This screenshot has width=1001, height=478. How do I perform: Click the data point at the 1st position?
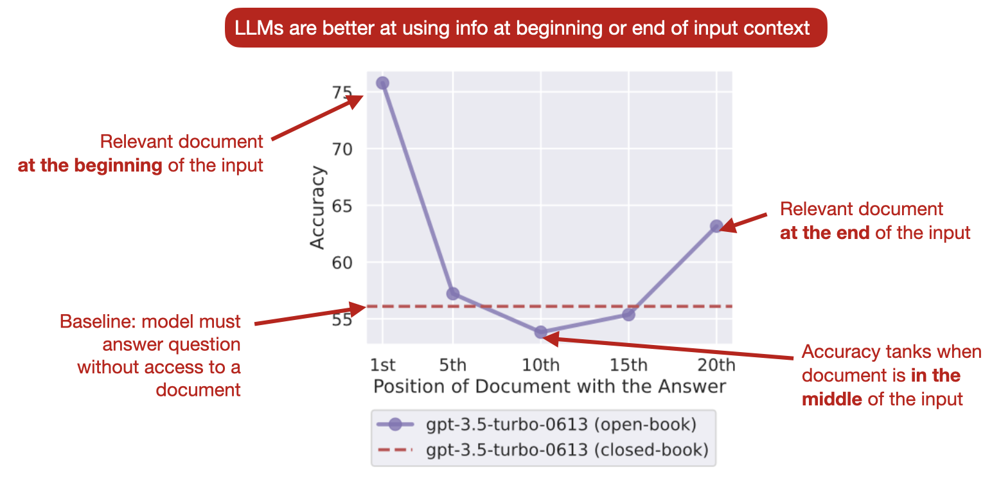[382, 83]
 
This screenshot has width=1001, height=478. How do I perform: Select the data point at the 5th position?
[453, 294]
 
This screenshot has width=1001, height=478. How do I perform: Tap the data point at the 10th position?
[541, 332]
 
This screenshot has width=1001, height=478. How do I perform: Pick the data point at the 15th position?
[629, 315]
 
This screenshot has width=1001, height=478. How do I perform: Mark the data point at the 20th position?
[716, 226]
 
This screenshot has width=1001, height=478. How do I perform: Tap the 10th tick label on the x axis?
[541, 366]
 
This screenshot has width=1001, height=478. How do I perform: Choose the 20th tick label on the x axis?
[716, 366]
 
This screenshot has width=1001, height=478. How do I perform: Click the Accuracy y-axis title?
[318, 208]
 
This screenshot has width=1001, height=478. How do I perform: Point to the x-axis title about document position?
[549, 386]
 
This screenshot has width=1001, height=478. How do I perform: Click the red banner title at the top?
[526, 28]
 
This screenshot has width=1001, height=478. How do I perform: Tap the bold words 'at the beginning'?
[90, 165]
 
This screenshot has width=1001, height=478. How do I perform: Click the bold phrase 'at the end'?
[825, 232]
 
